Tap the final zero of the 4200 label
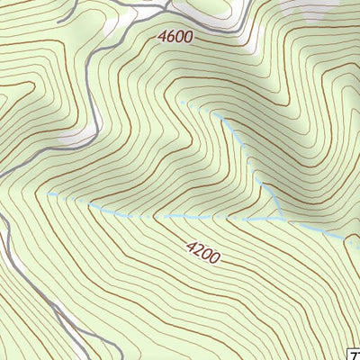214,260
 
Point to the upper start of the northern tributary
183,103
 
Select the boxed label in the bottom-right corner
354,354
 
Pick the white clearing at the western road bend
81,135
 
